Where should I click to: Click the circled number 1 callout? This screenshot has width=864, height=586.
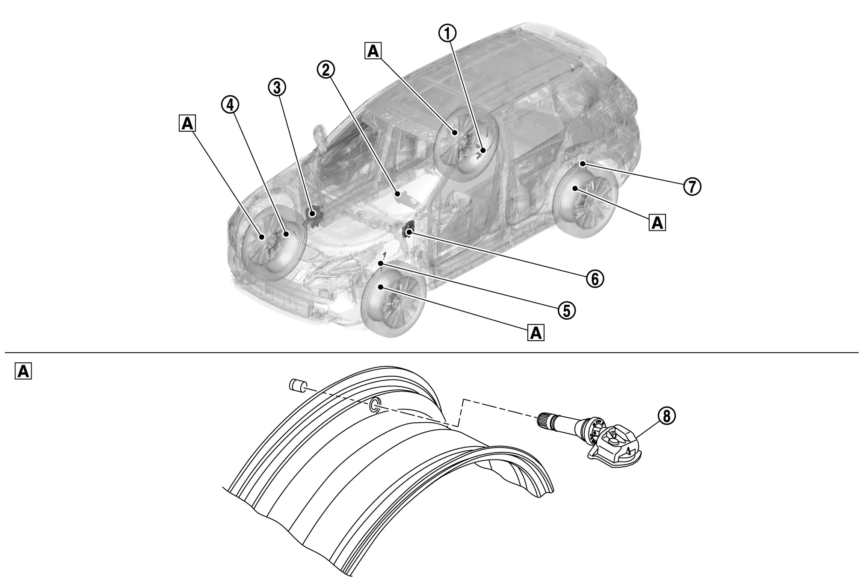(448, 33)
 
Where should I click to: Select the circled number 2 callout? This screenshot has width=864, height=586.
(326, 70)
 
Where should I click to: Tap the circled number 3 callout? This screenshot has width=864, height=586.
(277, 88)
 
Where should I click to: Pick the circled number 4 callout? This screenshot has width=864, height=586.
(230, 105)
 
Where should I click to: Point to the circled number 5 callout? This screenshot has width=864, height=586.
(567, 311)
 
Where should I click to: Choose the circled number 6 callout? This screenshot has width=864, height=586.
(595, 278)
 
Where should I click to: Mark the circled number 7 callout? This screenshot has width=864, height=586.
(692, 186)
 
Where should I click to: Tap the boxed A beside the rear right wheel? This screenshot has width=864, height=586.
(657, 223)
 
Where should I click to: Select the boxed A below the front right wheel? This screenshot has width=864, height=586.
(536, 332)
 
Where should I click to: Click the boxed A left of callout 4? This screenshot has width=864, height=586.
(187, 124)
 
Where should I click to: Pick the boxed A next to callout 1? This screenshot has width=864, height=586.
(373, 51)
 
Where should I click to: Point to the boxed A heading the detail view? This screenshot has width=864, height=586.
(24, 371)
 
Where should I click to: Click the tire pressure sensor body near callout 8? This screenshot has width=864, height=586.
(616, 451)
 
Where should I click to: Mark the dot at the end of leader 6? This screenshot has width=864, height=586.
(409, 232)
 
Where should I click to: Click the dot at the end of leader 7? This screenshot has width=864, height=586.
(582, 164)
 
